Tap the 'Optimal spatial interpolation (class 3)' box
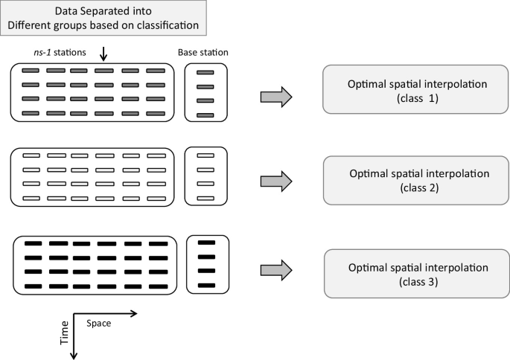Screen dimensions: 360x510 (x=417, y=274)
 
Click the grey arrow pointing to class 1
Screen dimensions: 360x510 (x=275, y=97)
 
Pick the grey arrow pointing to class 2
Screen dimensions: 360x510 (x=275, y=181)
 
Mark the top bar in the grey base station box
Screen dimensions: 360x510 (x=205, y=72)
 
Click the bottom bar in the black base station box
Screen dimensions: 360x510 (x=206, y=286)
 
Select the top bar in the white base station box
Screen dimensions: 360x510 (x=205, y=156)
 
